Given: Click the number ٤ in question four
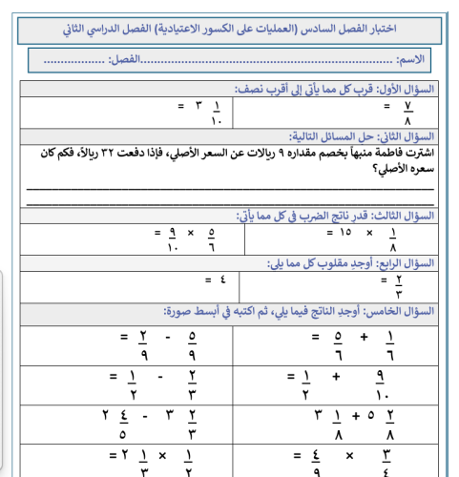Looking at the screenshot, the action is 223,280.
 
